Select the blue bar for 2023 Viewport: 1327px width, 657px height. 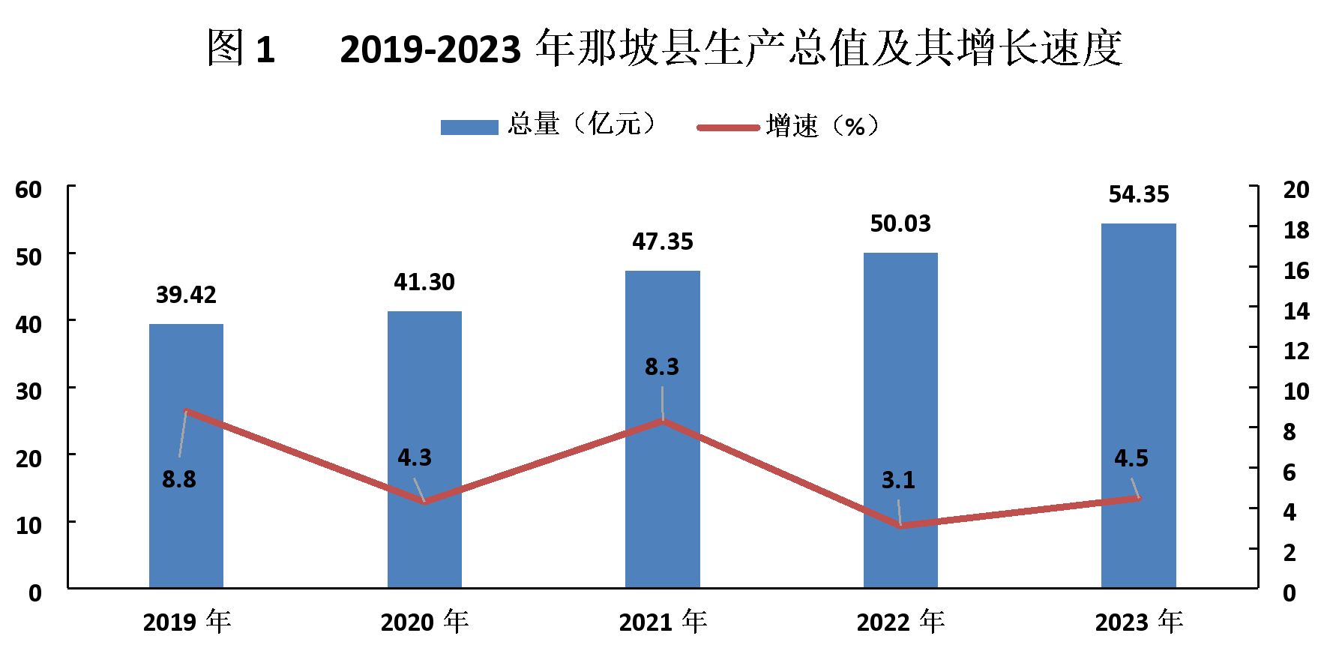(x=1138, y=405)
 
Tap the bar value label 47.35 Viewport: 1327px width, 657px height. (x=663, y=241)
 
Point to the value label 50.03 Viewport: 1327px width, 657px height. (x=900, y=223)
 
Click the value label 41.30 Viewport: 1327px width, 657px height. (x=424, y=282)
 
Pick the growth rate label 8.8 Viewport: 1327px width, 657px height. (x=179, y=479)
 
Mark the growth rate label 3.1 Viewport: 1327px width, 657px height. (x=898, y=480)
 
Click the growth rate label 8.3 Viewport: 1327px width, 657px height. (x=662, y=367)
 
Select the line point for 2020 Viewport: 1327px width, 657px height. (x=424, y=501)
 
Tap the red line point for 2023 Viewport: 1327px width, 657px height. (x=1139, y=497)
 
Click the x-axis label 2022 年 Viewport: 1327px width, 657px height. (x=900, y=622)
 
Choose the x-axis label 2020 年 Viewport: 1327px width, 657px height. (x=424, y=622)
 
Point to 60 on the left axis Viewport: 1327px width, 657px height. (x=28, y=190)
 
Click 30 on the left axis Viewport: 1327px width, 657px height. (x=28, y=391)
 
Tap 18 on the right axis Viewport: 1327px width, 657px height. (x=1296, y=229)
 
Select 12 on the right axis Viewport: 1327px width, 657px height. (x=1296, y=350)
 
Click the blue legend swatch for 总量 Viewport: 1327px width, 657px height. (x=469, y=127)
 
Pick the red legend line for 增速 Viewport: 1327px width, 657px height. (x=728, y=127)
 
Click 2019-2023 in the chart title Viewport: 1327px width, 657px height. (x=430, y=49)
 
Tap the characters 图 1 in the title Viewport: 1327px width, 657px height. (x=241, y=49)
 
